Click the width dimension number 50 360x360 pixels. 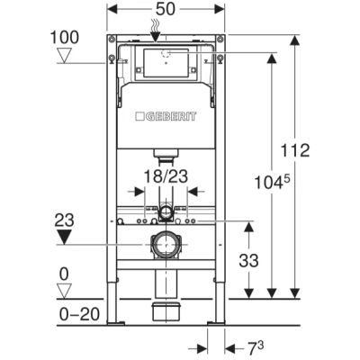tap(166, 9)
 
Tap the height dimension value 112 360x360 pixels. tap(295, 150)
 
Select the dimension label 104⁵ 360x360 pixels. tap(273, 183)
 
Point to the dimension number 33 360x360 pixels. tap(248, 260)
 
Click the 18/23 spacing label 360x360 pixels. tap(166, 176)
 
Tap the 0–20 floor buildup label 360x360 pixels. tap(79, 314)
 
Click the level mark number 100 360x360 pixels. tap(65, 38)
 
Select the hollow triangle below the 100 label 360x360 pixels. tap(65, 56)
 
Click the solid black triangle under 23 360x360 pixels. tap(65, 237)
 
